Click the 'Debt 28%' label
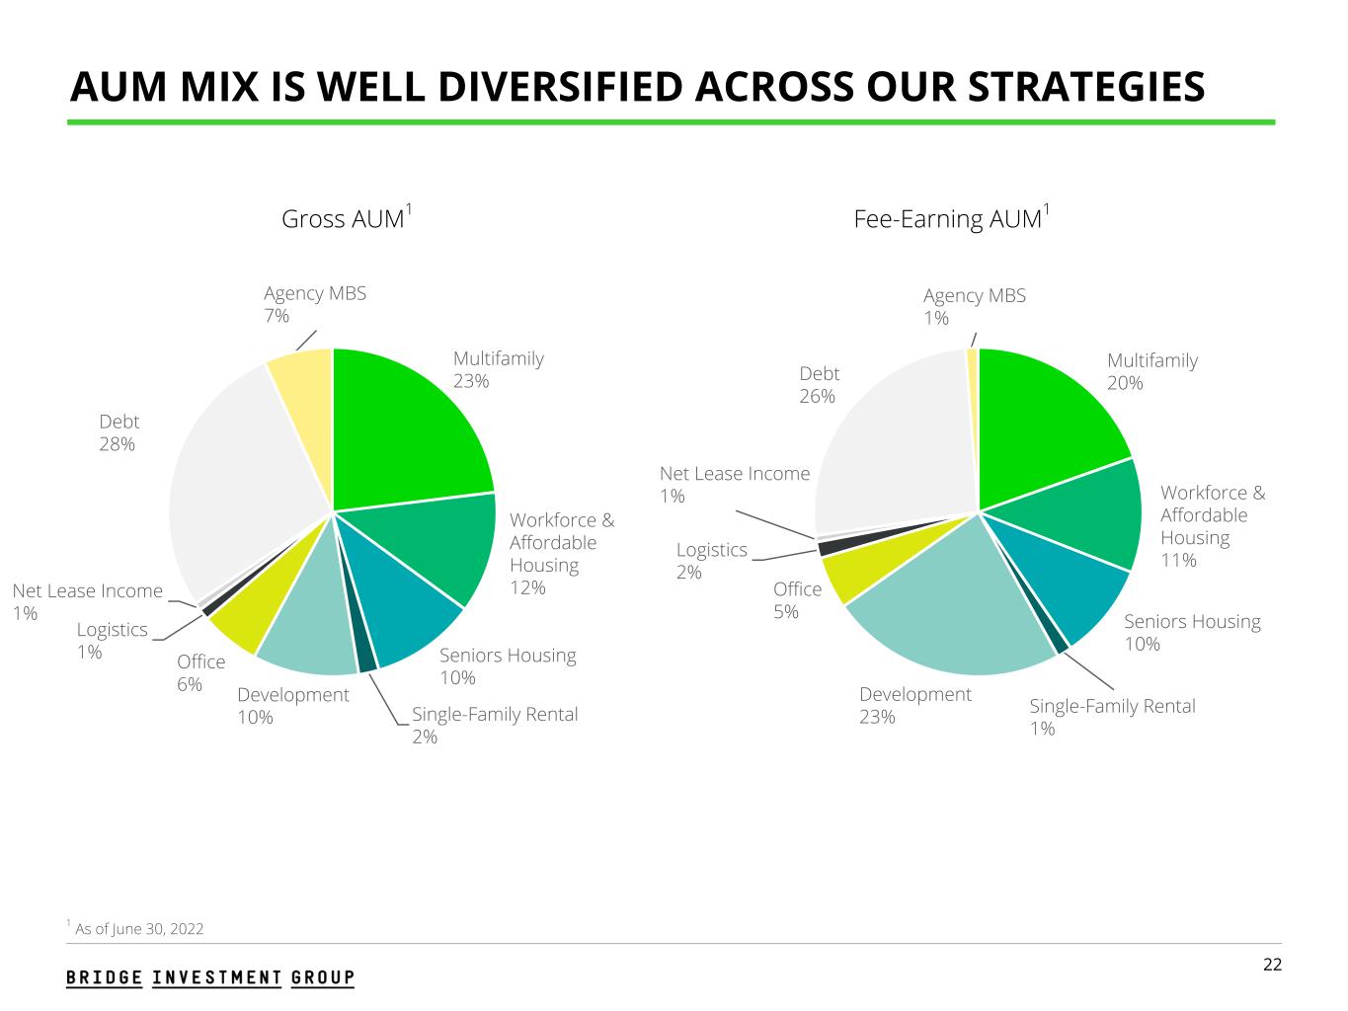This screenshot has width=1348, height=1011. (x=119, y=433)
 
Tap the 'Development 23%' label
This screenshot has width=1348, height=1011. (x=914, y=705)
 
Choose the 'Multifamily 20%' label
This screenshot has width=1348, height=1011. (x=1151, y=371)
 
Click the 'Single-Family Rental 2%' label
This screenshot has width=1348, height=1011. (x=494, y=725)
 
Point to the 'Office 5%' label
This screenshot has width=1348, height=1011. (x=797, y=600)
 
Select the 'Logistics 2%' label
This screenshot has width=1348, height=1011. (x=711, y=561)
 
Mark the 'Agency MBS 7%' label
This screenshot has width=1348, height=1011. (x=314, y=304)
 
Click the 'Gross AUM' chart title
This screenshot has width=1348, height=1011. (x=345, y=218)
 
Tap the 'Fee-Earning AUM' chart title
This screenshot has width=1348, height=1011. (x=949, y=218)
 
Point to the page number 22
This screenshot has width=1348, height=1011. (x=1273, y=965)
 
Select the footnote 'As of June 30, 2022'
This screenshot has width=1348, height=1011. (x=138, y=928)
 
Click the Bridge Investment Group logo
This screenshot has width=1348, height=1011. (x=210, y=977)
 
